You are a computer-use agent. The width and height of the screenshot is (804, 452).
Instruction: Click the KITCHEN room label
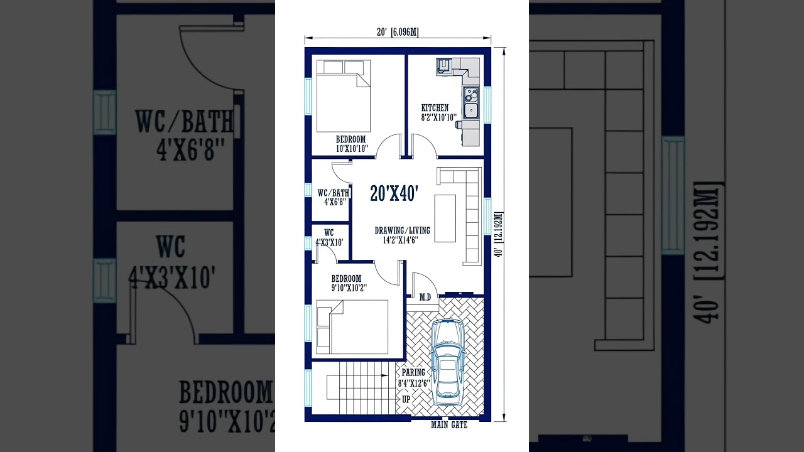[435, 108]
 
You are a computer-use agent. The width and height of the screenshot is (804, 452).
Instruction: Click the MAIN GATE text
[448, 426]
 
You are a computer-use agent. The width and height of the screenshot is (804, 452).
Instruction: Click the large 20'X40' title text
[394, 194]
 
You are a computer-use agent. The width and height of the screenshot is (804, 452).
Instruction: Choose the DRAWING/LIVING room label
[402, 230]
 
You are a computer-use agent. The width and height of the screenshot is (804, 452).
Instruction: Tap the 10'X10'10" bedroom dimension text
[351, 149]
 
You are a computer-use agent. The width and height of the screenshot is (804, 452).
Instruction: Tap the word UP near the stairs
[406, 399]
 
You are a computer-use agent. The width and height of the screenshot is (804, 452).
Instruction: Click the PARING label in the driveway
[413, 372]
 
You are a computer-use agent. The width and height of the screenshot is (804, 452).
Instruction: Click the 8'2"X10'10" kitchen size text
[438, 117]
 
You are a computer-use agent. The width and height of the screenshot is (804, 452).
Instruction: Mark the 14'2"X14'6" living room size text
[402, 240]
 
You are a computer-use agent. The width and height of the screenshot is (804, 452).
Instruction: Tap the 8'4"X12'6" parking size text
[413, 382]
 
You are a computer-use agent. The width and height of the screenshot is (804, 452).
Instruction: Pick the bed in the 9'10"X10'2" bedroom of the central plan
[352, 326]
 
